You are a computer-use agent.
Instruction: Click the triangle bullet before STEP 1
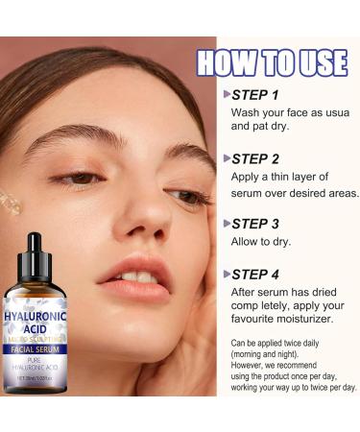point(227,95)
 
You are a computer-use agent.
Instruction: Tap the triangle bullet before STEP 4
point(227,274)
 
